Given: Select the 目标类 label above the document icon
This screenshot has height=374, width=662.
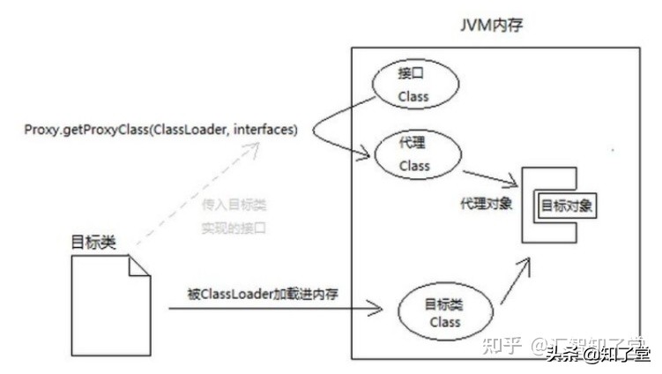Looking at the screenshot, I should pyautogui.click(x=93, y=241).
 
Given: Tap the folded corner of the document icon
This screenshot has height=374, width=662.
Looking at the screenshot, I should pyautogui.click(x=139, y=266).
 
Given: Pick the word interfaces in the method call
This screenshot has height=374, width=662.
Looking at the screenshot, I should pyautogui.click(x=265, y=131).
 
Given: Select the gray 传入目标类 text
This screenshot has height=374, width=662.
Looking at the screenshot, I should pyautogui.click(x=234, y=206).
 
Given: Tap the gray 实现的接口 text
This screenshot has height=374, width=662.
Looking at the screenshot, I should pyautogui.click(x=234, y=228).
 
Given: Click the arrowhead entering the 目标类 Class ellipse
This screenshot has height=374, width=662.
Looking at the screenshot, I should pyautogui.click(x=379, y=309).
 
